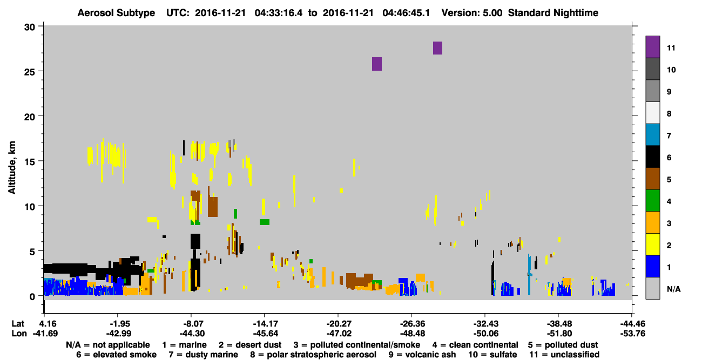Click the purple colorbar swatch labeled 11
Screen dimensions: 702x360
[x=652, y=47]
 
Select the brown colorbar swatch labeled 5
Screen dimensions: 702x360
[x=652, y=179]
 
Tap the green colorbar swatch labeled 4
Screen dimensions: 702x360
[x=652, y=201]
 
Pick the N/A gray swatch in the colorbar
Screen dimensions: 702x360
[x=652, y=288]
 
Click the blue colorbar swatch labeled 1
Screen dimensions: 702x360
[x=652, y=266]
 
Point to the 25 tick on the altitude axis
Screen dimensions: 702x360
[x=40, y=71]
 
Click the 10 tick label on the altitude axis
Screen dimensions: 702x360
[x=30, y=207]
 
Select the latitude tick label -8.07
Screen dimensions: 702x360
[x=192, y=323]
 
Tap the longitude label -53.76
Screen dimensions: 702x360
[x=632, y=334]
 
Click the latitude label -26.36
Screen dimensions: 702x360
[x=412, y=323]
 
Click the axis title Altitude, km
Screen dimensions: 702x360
[x=12, y=168]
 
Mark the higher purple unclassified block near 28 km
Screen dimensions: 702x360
[x=437, y=48]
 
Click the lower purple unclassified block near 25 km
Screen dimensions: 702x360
[x=377, y=64]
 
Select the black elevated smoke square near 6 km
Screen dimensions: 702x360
[x=195, y=241]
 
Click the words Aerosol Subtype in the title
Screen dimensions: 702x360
[x=116, y=13]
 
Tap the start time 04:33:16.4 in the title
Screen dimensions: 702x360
[x=279, y=13]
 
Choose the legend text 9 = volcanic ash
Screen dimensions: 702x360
[x=422, y=355]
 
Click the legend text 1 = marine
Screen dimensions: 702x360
[x=184, y=345]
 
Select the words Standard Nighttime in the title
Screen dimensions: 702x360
[x=553, y=13]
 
